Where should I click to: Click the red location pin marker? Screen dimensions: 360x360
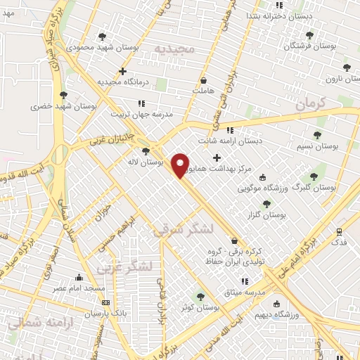[181, 165]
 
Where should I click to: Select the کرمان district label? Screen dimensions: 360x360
[311, 103]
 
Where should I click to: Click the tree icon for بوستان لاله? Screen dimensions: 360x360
[146, 150]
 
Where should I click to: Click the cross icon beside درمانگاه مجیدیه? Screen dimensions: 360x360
[123, 71]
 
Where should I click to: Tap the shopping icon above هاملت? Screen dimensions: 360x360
[203, 79]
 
